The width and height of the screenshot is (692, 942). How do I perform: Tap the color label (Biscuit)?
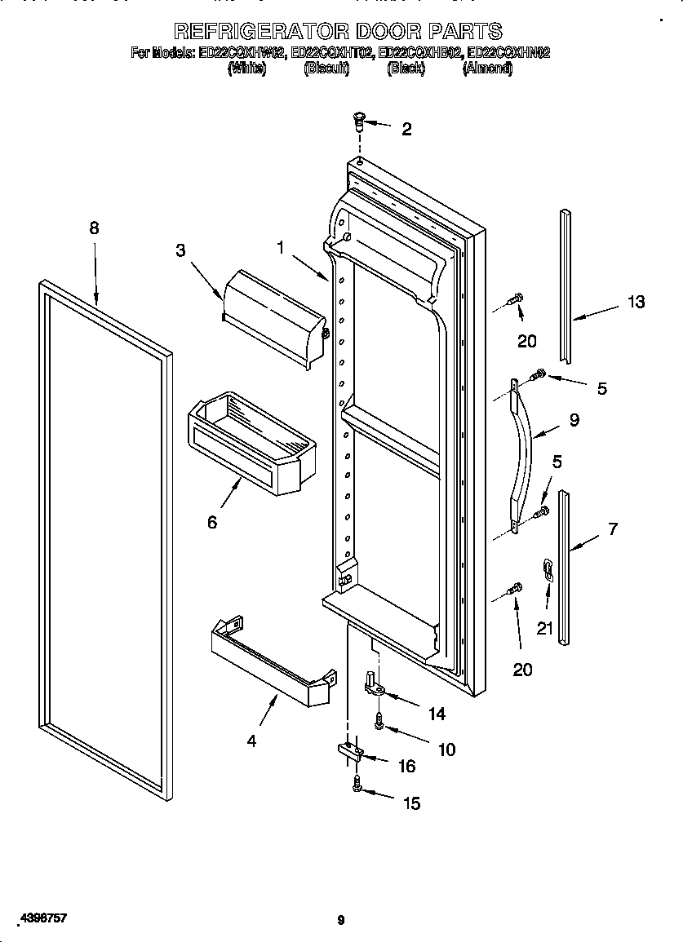[326, 69]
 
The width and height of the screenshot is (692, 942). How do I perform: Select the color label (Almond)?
[487, 69]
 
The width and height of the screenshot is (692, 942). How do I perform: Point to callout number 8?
[94, 228]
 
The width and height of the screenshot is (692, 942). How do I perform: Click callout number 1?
[281, 247]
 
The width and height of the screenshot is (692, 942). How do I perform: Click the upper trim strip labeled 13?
[565, 285]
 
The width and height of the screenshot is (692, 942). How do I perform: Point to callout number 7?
[613, 528]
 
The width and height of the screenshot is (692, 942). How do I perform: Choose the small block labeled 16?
[348, 751]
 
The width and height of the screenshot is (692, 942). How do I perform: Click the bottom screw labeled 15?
[357, 785]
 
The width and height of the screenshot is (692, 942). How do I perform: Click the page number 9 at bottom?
[341, 920]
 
